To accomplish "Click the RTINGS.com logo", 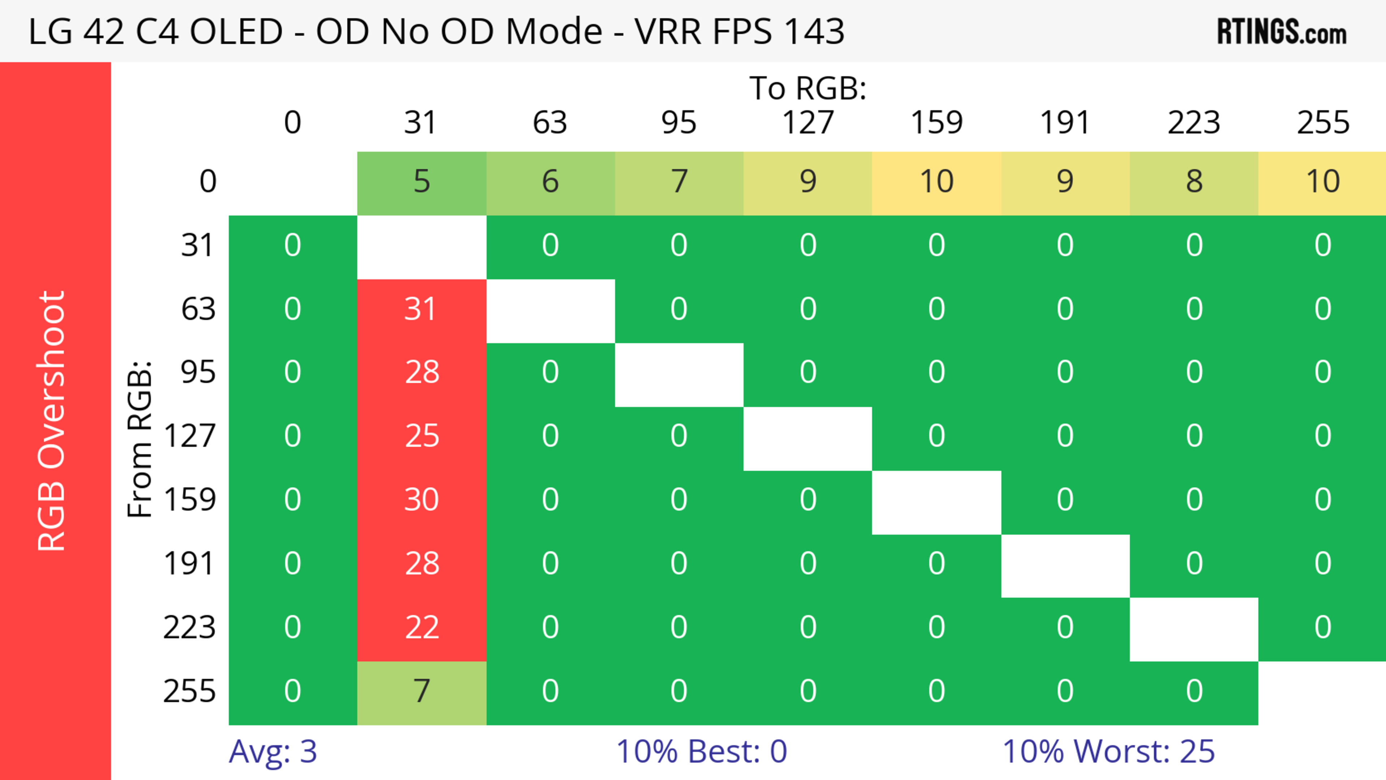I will (1282, 32).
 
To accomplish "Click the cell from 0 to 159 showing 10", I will (936, 182).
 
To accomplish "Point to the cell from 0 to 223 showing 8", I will (1194, 182).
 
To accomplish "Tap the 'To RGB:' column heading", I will (808, 88).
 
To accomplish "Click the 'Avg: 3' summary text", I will (273, 751).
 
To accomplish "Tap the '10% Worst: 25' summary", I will (1108, 751).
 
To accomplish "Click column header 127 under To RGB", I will (808, 123).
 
